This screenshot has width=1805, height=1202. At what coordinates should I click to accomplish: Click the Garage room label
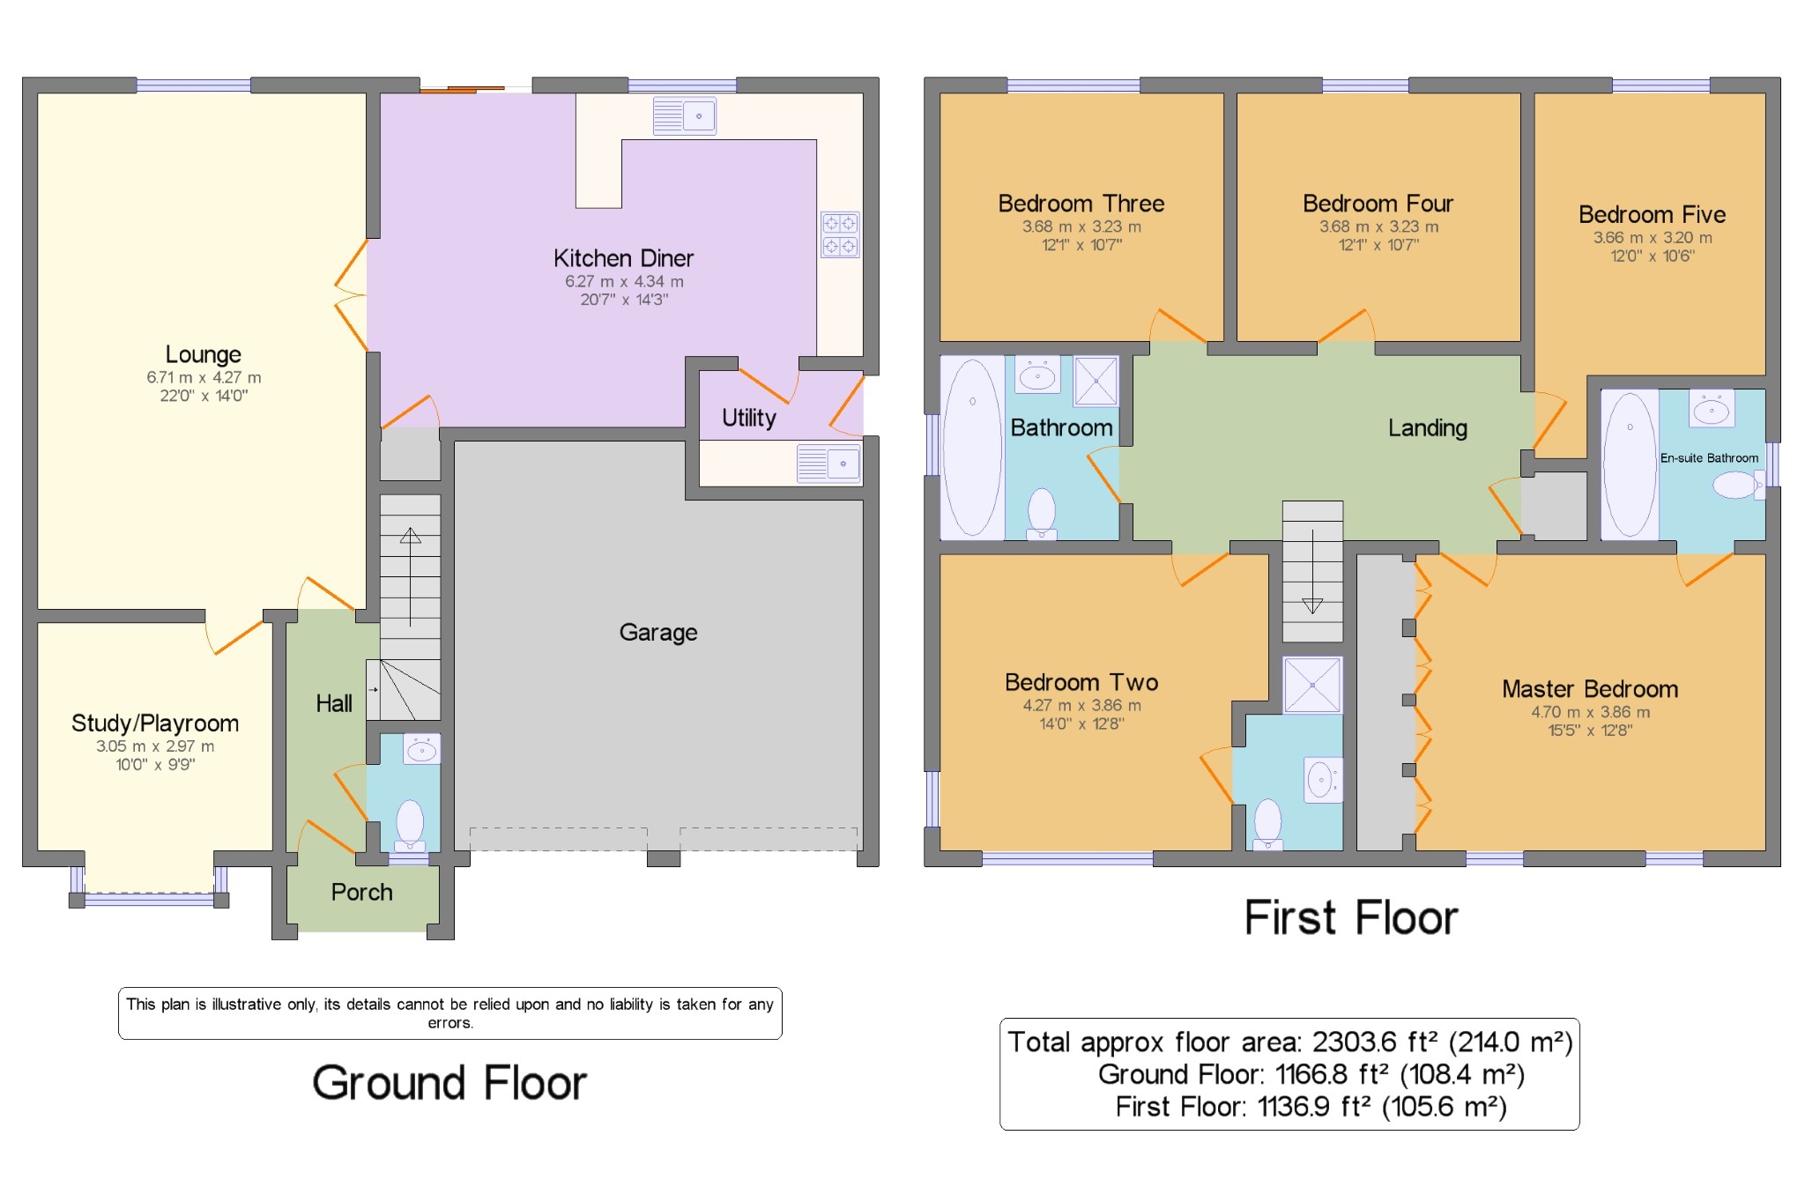coord(658,633)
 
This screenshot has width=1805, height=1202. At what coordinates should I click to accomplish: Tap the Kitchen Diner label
coord(623,258)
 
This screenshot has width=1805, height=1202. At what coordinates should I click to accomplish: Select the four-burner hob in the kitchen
coord(840,234)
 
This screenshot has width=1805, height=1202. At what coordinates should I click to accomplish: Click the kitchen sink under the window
coord(685,116)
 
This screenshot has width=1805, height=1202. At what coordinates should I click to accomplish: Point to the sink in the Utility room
coord(828,464)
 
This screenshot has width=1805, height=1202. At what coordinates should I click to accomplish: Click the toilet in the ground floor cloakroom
coord(410,825)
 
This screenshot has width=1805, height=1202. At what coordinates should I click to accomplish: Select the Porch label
coord(362,893)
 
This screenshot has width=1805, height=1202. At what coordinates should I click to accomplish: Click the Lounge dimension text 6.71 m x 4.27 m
coord(204,377)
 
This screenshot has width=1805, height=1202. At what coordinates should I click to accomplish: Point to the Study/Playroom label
coord(155,723)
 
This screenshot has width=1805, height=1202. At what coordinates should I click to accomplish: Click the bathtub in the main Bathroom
coord(972,447)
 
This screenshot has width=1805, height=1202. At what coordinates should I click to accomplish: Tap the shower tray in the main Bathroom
coord(1096,381)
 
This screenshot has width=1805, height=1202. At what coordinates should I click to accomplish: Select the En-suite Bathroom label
coord(1709,458)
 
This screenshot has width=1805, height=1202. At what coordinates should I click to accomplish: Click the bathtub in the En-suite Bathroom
coord(1630,464)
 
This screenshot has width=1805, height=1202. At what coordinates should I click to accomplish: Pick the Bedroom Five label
coord(1653,214)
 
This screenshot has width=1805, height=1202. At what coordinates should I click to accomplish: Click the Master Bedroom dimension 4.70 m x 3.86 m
coord(1591,712)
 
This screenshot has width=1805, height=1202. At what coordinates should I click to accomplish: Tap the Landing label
coord(1428,428)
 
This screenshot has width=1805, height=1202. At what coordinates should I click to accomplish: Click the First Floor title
coord(1351,917)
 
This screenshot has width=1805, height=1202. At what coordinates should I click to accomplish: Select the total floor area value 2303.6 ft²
coord(1378,1042)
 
